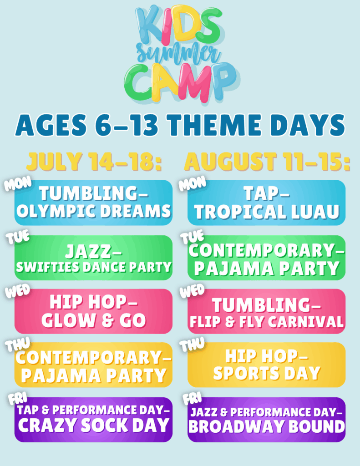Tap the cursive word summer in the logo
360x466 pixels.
click(178, 55)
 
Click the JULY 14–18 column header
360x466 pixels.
click(94, 162)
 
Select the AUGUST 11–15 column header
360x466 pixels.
click(267, 162)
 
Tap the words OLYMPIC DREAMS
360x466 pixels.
click(94, 211)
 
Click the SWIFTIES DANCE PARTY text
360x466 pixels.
click(94, 267)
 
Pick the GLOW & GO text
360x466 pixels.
click(94, 320)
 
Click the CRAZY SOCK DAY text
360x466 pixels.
click(94, 425)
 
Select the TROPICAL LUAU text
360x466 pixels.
click(267, 212)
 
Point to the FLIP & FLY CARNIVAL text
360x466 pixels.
click(267, 322)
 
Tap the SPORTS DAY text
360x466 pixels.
click(267, 373)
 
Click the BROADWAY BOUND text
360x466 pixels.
click(267, 426)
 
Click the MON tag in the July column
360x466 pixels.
click(18, 183)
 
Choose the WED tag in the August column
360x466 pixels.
click(192, 291)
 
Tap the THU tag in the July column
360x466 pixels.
click(17, 345)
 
